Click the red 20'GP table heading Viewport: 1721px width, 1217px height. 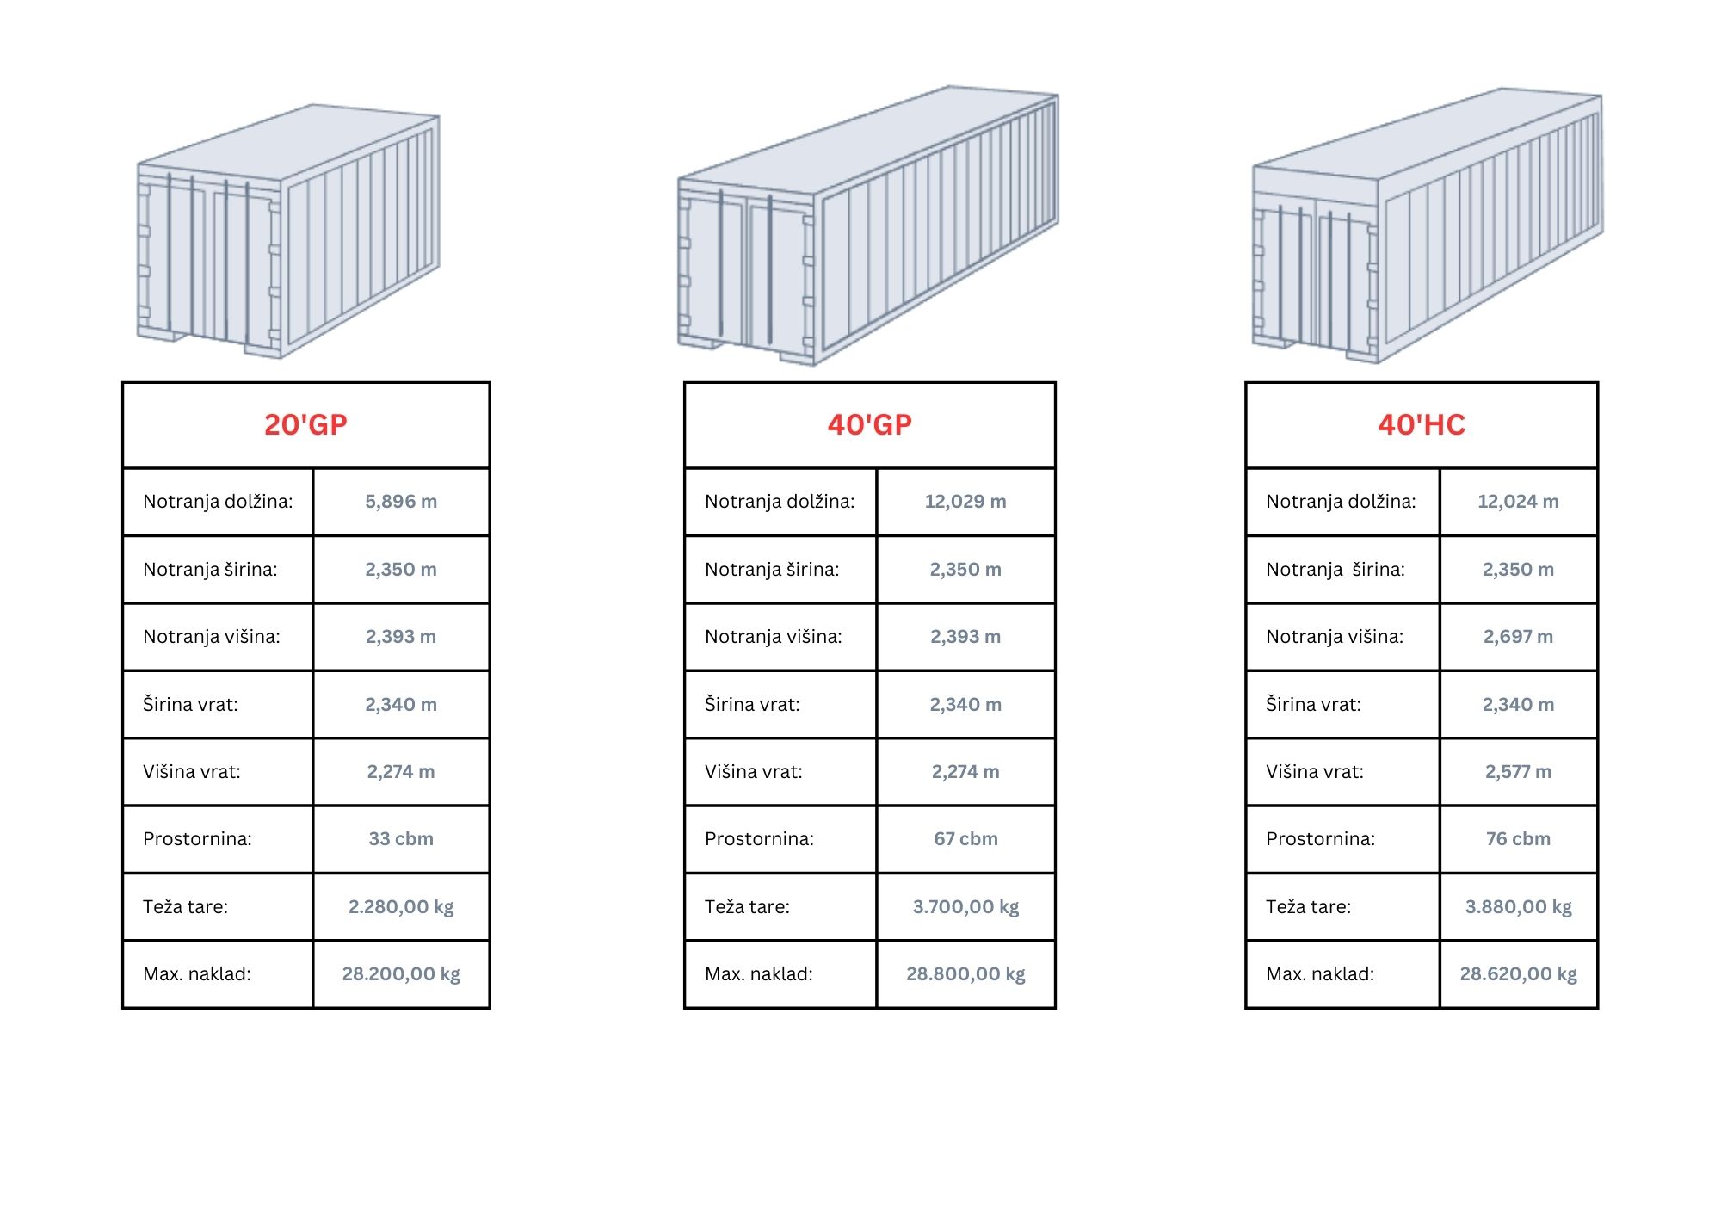305,424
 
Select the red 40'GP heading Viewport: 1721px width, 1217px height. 869,424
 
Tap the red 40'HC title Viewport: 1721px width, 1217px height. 1421,424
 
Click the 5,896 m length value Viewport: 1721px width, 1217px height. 401,502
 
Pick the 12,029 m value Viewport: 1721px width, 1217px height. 965,502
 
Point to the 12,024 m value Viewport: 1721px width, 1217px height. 1518,502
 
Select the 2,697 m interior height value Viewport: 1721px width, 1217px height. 1518,637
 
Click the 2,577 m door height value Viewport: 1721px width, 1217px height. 1518,772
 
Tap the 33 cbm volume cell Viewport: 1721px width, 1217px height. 401,839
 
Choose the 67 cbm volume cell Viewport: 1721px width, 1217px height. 965,839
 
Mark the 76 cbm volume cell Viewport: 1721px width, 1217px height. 1518,839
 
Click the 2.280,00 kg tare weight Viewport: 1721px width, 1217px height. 401,907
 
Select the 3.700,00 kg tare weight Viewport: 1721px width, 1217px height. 965,907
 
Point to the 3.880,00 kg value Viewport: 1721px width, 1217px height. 1518,907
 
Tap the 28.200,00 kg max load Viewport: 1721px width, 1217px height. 401,974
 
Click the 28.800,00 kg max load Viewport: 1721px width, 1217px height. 965,974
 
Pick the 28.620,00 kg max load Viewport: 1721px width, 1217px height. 1518,974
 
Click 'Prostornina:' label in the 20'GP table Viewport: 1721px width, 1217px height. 197,839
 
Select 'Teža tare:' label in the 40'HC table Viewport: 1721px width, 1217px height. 1308,907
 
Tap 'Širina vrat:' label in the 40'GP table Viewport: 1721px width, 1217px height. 752,705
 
